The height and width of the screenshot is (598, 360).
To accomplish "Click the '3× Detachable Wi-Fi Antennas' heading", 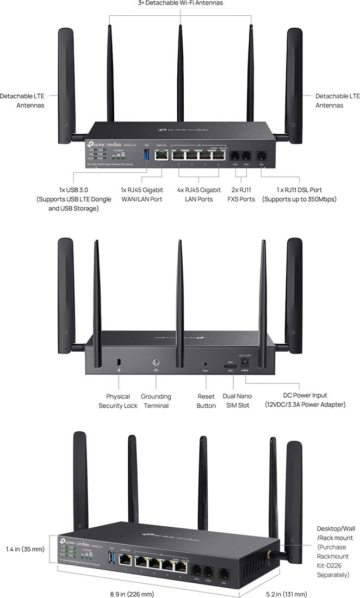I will tap(180, 3).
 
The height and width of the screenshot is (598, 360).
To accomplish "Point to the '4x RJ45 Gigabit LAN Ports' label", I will tap(199, 194).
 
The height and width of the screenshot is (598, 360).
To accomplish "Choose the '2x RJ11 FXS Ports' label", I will tap(241, 194).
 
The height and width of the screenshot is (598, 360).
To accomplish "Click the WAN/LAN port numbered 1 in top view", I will tap(162, 155).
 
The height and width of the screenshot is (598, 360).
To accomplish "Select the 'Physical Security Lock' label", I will tap(118, 401).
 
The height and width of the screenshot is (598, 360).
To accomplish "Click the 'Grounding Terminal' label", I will tap(156, 401).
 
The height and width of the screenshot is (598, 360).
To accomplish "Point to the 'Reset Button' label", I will tap(206, 401).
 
